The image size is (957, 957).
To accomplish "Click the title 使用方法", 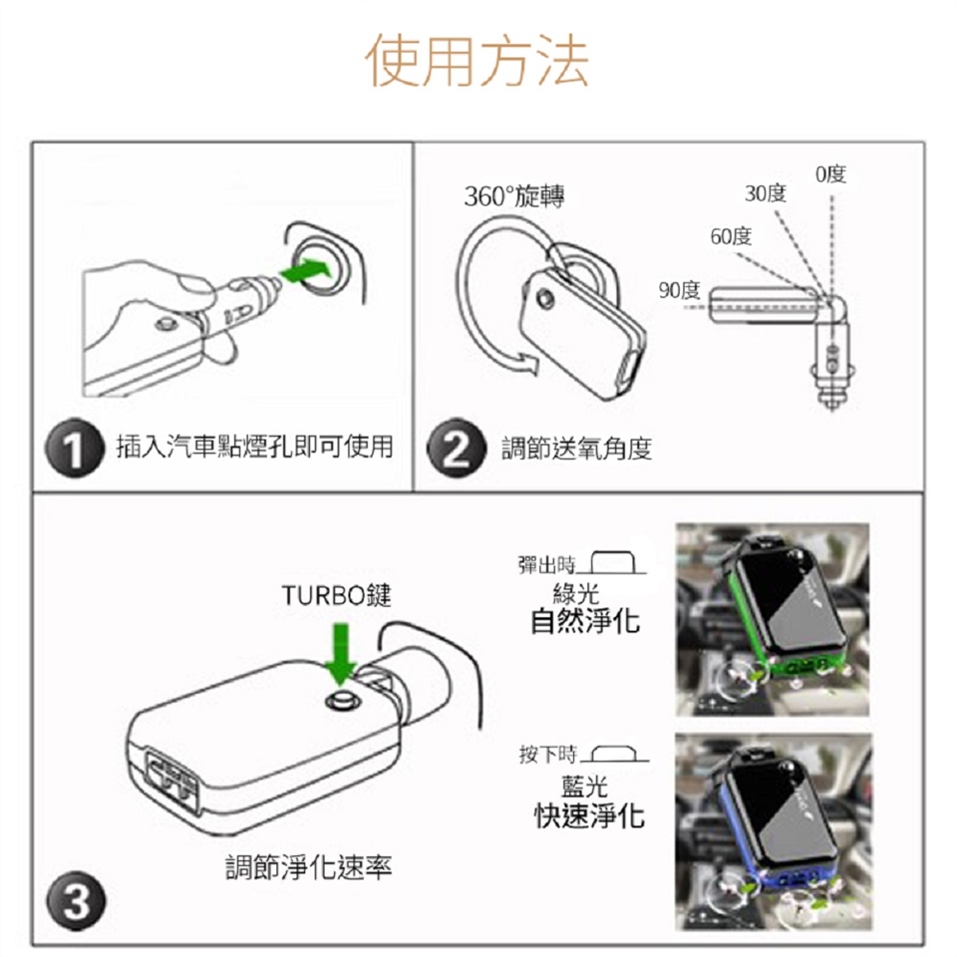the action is point(477,60).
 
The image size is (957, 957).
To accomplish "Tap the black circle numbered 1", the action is point(75,448).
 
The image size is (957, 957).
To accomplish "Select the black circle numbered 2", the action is point(456,448).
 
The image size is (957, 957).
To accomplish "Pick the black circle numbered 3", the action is point(76,901).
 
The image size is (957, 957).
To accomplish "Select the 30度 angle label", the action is point(766,192).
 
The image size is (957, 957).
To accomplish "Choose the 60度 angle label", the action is point(731,235).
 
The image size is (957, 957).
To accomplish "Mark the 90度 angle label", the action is point(679,290).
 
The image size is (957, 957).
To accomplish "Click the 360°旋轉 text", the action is point(514,196).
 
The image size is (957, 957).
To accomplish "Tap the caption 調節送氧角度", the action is point(577,449).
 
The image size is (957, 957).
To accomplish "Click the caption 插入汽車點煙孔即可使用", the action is point(254,447).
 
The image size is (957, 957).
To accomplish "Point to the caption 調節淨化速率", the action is point(309,867).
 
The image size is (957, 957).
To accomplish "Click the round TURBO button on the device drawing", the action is point(342,700).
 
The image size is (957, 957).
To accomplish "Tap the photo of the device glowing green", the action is point(772,619).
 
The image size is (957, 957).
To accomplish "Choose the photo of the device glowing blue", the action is point(774,831).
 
